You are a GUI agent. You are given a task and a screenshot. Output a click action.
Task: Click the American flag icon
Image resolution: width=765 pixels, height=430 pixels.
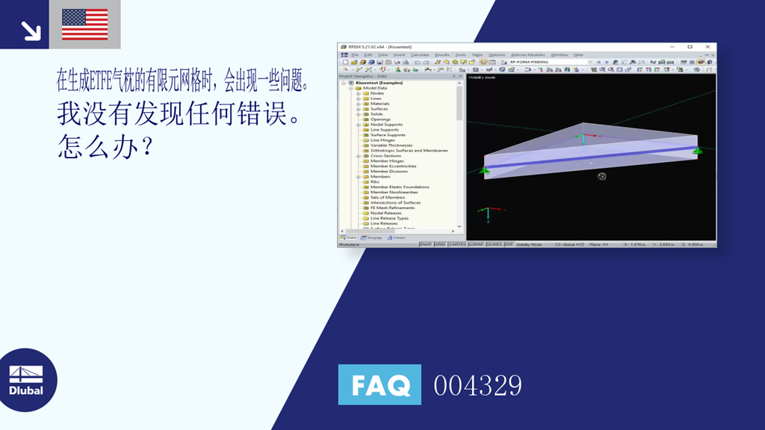pos(84,25)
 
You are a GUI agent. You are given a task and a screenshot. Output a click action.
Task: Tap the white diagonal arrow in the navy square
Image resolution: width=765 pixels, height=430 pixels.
pos(31,30)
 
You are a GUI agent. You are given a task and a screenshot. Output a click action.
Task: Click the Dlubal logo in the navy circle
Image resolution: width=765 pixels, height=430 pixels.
pos(26,380)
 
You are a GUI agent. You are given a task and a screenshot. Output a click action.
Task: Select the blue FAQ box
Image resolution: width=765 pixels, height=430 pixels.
pos(380,384)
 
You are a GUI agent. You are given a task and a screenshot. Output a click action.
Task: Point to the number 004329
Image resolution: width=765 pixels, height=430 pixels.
pos(477,386)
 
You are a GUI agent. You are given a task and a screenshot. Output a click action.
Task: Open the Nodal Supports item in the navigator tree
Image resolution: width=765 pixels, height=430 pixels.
pos(386,125)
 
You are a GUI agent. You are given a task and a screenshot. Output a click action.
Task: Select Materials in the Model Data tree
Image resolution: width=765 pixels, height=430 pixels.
pos(380,104)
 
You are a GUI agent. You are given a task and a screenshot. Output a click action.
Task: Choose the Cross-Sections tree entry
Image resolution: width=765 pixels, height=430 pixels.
pos(385,156)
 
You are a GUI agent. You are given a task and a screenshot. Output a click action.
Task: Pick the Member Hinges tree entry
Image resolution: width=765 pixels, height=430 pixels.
pos(387,161)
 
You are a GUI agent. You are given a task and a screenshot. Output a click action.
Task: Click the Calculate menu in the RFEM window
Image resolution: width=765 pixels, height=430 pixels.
pos(420,54)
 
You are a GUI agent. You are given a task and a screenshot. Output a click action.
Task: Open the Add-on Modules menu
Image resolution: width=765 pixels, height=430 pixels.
pos(527,54)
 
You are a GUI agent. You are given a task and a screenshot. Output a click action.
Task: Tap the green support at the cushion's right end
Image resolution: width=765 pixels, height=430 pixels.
pos(698,152)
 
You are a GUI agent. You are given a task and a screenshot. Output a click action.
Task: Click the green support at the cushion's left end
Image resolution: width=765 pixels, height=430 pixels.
pos(484,171)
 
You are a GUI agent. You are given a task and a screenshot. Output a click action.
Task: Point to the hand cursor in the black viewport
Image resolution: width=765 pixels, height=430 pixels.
pos(601,176)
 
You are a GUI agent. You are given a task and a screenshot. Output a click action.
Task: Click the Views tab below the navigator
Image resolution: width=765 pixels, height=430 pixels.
pos(397,237)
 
